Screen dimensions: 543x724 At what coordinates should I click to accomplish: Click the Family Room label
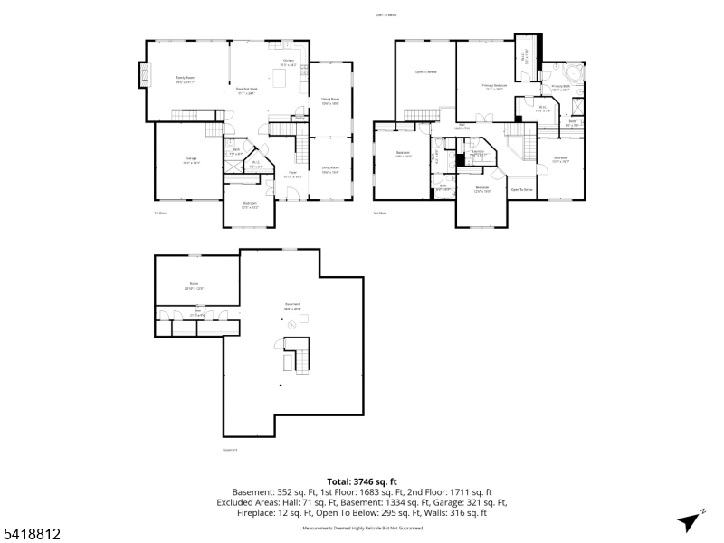(x=185, y=79)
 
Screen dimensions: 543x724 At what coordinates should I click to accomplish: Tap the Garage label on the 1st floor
(x=192, y=162)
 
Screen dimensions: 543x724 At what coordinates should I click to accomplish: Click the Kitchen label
(x=287, y=62)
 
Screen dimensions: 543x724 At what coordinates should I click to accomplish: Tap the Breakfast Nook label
(x=247, y=90)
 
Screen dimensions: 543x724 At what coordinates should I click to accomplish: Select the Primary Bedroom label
(x=493, y=86)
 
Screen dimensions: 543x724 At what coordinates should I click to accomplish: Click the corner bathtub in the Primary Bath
(x=573, y=72)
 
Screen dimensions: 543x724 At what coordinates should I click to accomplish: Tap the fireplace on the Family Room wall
(x=143, y=75)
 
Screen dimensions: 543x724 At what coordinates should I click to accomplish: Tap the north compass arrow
(x=691, y=521)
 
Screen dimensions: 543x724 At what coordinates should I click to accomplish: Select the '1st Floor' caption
(x=159, y=213)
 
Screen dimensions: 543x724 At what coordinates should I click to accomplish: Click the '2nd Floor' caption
(x=379, y=213)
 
